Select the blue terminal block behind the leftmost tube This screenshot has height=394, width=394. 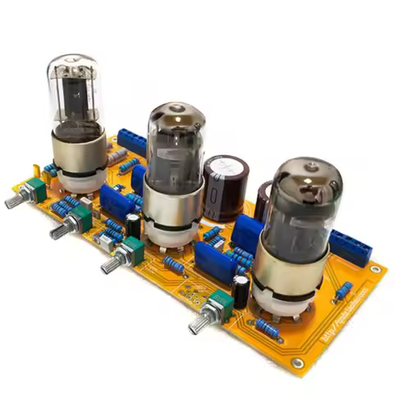coord(131,141)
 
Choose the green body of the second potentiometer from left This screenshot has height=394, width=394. coord(82,218)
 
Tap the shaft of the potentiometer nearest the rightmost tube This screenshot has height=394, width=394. coord(199,324)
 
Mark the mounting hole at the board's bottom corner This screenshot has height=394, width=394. coord(297,362)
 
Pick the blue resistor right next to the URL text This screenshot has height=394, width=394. coord(344,290)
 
